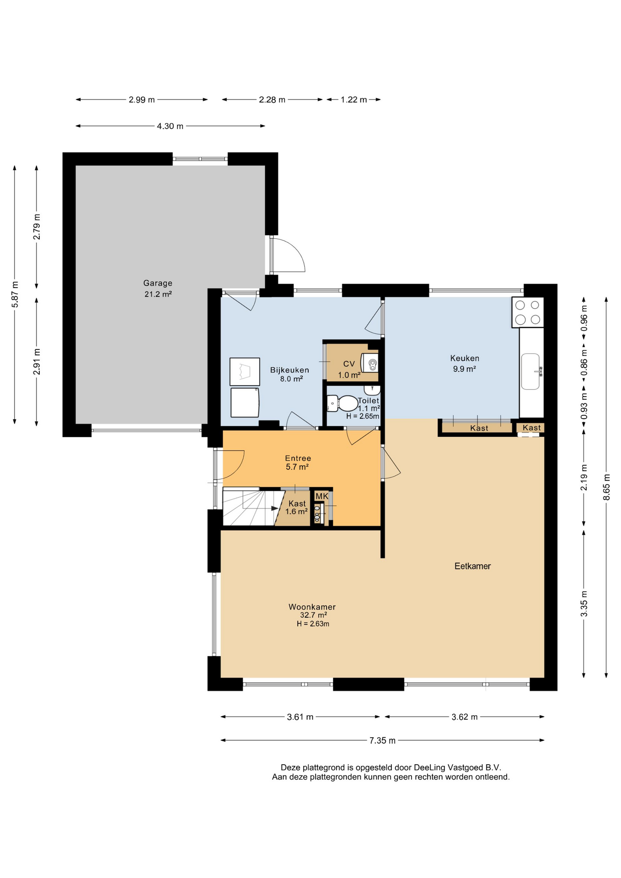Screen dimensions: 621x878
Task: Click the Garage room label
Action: click(158, 283)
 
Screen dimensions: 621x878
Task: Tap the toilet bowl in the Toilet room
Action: click(343, 404)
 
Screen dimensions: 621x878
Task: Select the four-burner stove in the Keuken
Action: click(528, 312)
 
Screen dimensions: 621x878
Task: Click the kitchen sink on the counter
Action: click(531, 371)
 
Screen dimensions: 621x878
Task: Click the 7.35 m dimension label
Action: click(382, 740)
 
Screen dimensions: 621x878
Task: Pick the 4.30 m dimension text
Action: click(170, 126)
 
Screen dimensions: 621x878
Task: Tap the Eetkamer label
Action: click(472, 566)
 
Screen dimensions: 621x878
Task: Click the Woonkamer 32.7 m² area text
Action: click(313, 615)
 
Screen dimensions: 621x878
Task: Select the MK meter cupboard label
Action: click(322, 496)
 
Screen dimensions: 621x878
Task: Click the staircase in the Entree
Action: click(252, 507)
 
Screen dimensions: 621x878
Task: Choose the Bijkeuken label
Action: click(289, 370)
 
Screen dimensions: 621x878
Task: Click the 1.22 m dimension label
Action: click(353, 100)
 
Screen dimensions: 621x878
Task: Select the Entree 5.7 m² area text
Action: click(297, 467)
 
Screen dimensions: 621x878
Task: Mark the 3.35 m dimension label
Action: click(584, 603)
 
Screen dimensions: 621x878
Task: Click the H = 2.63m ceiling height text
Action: click(313, 624)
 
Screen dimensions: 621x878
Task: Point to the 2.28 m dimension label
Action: click(272, 100)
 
